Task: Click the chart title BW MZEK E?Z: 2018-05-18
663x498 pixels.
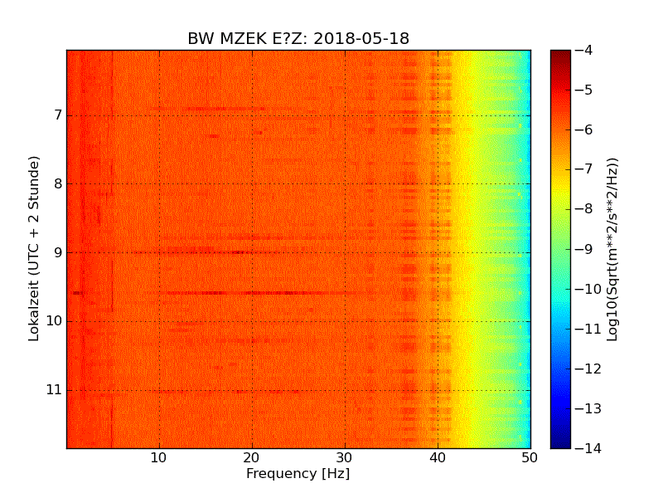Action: (x=298, y=39)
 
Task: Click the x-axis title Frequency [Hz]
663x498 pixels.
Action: (x=298, y=474)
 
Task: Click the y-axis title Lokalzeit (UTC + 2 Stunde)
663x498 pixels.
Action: (x=35, y=249)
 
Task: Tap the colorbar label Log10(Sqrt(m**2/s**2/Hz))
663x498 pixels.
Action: (x=613, y=249)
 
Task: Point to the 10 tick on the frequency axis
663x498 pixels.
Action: (x=159, y=457)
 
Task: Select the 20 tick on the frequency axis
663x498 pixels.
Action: (x=252, y=457)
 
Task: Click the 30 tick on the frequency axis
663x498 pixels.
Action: (x=345, y=457)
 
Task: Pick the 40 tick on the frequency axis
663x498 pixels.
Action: (x=438, y=457)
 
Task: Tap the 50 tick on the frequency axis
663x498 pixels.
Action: (x=530, y=457)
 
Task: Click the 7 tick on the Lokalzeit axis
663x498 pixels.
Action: (x=56, y=115)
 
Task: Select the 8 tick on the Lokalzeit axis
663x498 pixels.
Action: (x=56, y=183)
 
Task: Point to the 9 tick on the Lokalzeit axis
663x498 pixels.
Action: (x=56, y=252)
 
